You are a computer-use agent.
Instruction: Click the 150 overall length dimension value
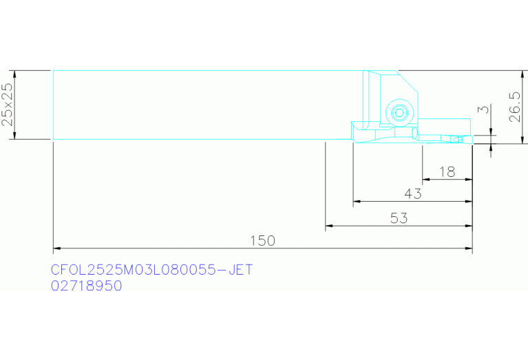tap(263, 241)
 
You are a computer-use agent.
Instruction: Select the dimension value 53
tap(399, 218)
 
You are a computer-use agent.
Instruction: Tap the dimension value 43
tap(413, 193)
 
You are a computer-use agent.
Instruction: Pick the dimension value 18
tap(447, 172)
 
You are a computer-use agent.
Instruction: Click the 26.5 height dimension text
tap(515, 107)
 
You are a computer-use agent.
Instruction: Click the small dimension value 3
tap(483, 109)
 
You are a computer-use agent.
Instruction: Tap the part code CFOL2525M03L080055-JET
tap(151, 270)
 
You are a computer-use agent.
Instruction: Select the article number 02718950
tap(87, 286)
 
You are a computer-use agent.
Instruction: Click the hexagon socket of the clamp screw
tap(400, 113)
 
